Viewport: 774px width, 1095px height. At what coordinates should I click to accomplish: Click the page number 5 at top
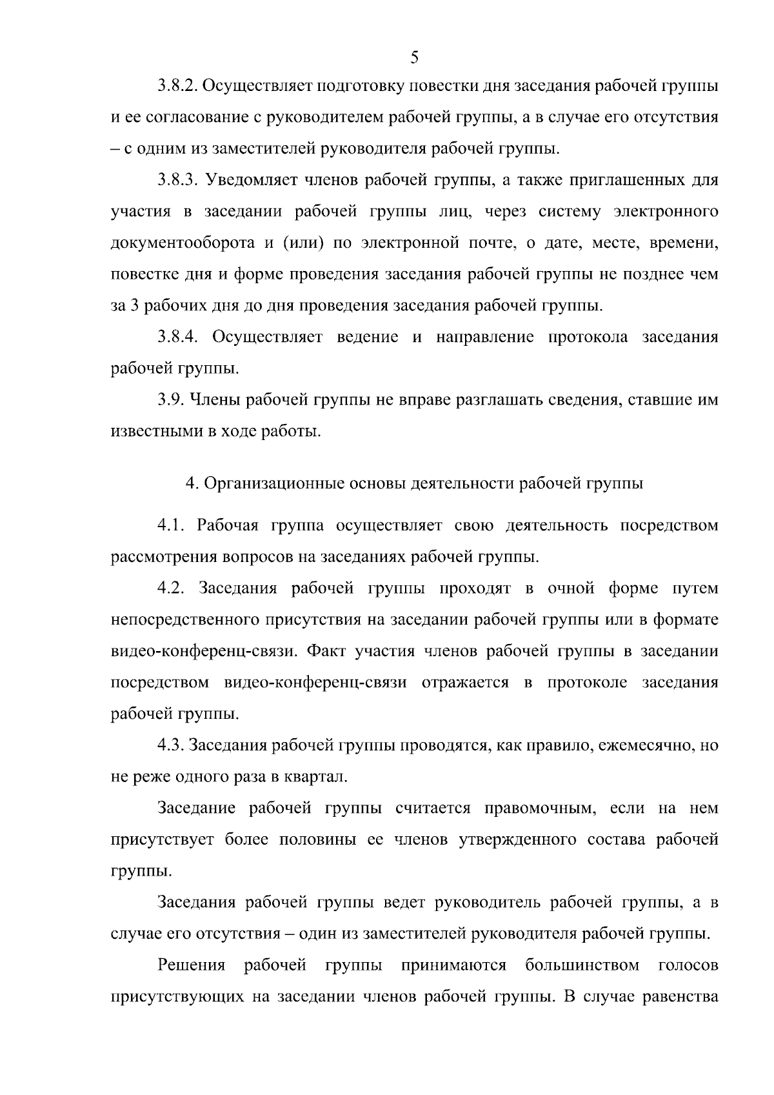tap(414, 58)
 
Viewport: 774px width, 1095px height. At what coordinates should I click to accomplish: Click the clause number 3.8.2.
tap(177, 86)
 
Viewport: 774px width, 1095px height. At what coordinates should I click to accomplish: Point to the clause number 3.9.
tap(170, 400)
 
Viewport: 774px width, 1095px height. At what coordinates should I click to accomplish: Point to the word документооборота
tap(183, 244)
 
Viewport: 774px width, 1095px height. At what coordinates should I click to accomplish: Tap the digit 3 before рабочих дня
tap(135, 306)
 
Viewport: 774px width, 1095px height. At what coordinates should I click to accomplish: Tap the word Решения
tap(191, 966)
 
